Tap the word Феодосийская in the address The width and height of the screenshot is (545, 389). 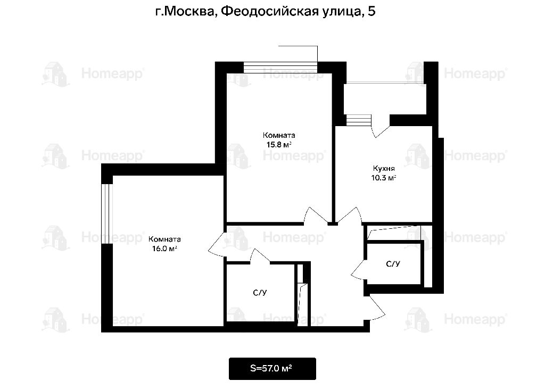click(x=270, y=12)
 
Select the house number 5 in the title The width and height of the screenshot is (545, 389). click(x=371, y=12)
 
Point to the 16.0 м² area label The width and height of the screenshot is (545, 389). click(x=164, y=249)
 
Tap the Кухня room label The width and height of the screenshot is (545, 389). click(x=384, y=169)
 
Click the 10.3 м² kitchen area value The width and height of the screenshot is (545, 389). click(x=384, y=178)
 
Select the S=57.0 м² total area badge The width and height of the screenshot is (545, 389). click(x=272, y=368)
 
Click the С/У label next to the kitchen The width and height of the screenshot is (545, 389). click(x=393, y=264)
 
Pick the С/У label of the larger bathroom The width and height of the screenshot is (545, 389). click(x=260, y=293)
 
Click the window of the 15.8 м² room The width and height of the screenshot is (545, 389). click(x=280, y=67)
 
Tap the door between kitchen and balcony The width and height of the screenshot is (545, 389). click(x=381, y=127)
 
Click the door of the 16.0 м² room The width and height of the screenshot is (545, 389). click(x=216, y=244)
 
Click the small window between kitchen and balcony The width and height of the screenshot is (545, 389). click(x=359, y=120)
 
